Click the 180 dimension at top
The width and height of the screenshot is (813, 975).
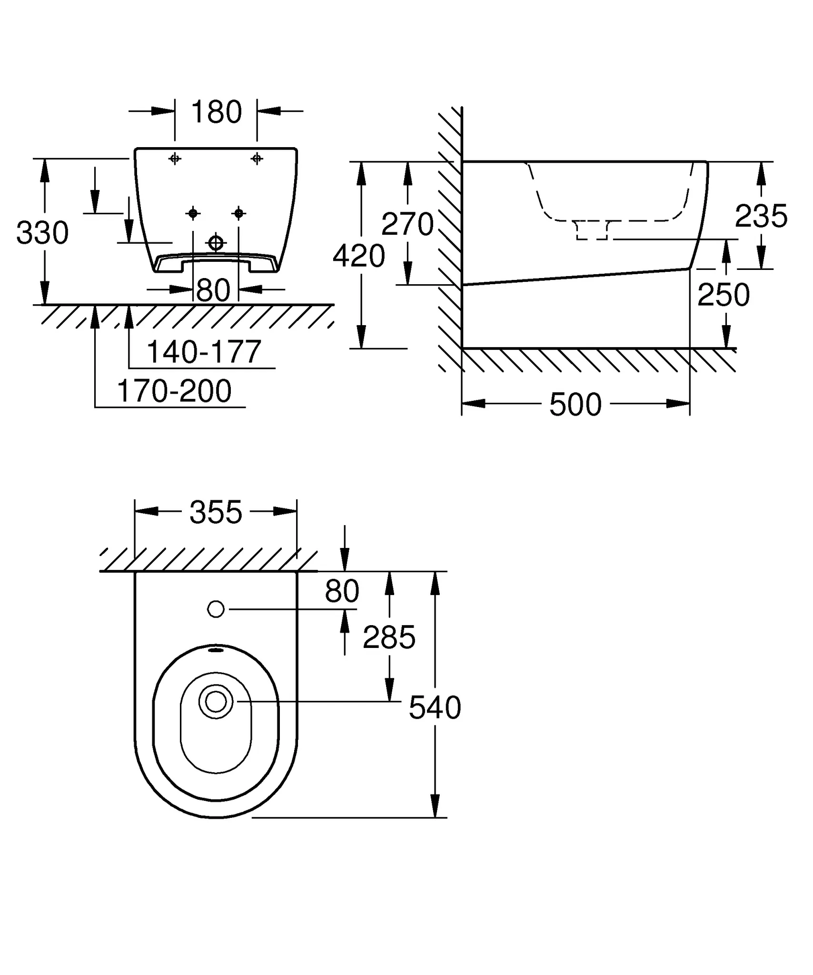tap(216, 112)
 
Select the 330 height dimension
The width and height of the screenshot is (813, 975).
tap(42, 233)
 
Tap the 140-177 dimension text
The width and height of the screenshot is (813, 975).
tap(204, 352)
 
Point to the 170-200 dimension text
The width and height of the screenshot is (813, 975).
tap(174, 391)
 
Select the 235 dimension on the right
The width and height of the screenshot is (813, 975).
tap(761, 216)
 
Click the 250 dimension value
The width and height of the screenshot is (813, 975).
tap(724, 295)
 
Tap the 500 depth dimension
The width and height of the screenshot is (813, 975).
tap(575, 405)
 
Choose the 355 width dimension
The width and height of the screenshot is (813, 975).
tap(216, 513)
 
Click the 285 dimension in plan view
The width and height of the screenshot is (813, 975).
tap(389, 637)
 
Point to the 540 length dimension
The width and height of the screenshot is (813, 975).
tap(435, 707)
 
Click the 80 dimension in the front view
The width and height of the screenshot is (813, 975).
tap(213, 290)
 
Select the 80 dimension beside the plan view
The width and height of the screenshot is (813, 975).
tap(342, 591)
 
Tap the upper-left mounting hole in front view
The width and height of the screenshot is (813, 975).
tap(175, 159)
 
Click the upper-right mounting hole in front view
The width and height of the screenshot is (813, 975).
tap(257, 159)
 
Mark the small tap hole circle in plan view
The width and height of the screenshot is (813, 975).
tap(216, 609)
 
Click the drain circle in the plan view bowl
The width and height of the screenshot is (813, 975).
tap(216, 701)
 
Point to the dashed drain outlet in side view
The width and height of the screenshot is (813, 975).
tap(592, 230)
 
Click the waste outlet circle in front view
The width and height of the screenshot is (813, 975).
tap(216, 243)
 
